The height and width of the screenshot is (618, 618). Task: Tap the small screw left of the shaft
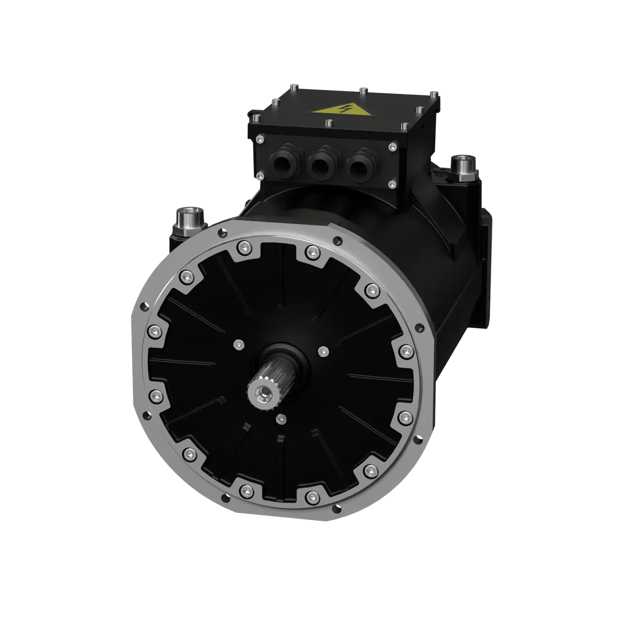(x=238, y=344)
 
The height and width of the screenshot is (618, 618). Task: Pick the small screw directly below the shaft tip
(x=281, y=418)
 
